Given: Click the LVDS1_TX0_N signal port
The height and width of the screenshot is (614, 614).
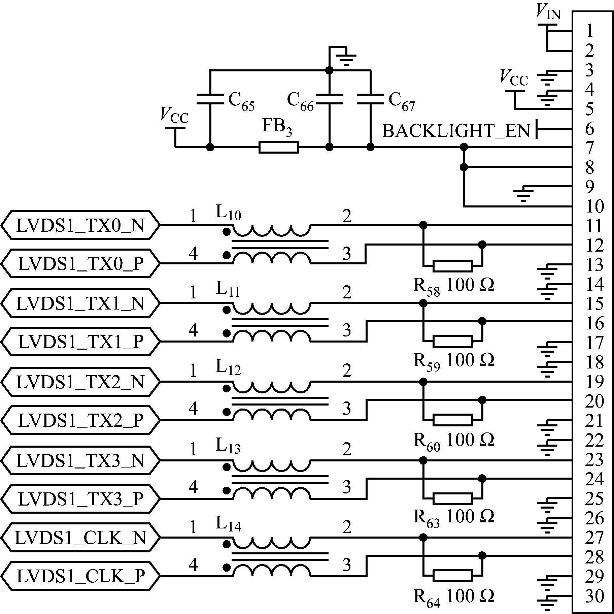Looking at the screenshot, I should [x=80, y=225].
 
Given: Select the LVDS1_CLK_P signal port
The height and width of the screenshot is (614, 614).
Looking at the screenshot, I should [x=80, y=576].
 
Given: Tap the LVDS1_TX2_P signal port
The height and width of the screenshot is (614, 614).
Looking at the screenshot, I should [x=80, y=420].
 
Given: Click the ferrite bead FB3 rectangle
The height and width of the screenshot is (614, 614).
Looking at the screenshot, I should [x=279, y=147].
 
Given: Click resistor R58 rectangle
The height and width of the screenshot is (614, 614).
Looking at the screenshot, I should [x=453, y=266].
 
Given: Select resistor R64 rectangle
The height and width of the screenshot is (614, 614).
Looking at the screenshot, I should [x=453, y=576].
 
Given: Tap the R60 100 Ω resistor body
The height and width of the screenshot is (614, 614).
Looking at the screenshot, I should [x=453, y=420].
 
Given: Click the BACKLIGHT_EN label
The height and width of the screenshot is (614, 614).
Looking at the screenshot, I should [x=456, y=131].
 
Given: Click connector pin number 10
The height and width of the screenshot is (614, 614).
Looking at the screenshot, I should [x=595, y=206].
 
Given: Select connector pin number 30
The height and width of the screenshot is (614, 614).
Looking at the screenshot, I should [x=595, y=595].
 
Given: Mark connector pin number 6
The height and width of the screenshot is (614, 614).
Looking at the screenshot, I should [x=590, y=128].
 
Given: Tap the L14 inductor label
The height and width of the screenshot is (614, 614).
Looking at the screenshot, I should [x=228, y=524].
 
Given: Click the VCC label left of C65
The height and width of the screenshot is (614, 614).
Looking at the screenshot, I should [x=174, y=116].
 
